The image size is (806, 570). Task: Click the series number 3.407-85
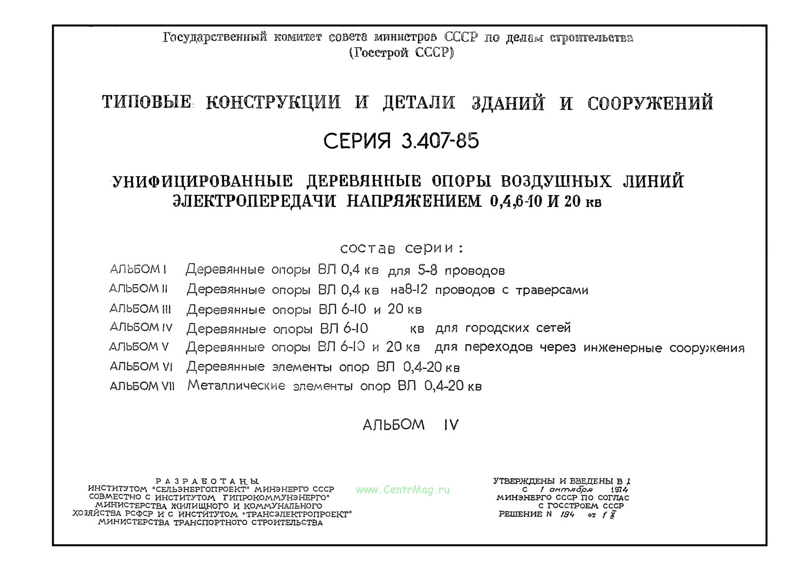tap(440, 141)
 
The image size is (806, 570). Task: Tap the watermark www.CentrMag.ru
tap(403, 490)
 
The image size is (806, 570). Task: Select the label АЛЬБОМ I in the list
tap(138, 269)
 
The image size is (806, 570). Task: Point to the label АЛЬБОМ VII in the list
tap(142, 386)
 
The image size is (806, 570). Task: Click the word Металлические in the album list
tap(236, 386)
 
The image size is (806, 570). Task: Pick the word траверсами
tap(551, 290)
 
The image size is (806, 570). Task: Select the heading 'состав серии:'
tap(402, 248)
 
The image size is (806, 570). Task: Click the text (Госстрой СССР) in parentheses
tap(402, 53)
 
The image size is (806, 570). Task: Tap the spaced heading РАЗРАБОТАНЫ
tap(207, 481)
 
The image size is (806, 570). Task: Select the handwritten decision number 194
tap(567, 514)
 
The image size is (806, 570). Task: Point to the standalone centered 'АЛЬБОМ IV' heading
tap(410, 425)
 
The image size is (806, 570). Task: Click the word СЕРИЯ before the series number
tap(357, 141)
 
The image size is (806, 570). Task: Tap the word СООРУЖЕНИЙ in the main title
tap(650, 103)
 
